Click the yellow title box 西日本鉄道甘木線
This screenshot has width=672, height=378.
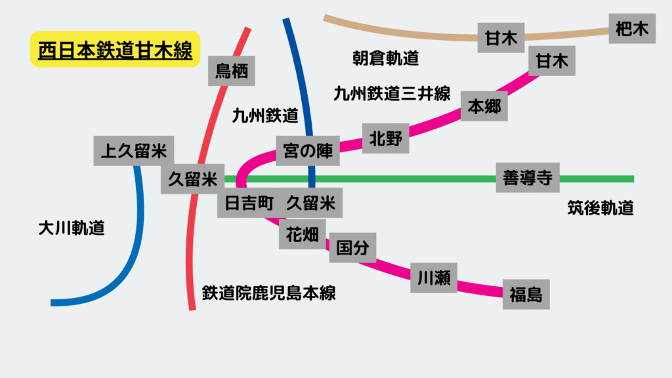(115, 49)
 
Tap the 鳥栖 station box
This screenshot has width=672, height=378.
(232, 71)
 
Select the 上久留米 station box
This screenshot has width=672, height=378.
(134, 151)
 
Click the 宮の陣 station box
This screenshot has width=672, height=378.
(308, 151)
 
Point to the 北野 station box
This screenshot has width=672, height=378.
(386, 138)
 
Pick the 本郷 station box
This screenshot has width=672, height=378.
(484, 106)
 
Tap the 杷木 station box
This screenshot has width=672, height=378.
(632, 29)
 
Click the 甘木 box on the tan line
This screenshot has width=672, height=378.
(501, 37)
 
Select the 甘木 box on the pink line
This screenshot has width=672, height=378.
(552, 61)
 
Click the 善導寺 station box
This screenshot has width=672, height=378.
(528, 177)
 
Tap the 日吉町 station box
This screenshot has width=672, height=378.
(249, 203)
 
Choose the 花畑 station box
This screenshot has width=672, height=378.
(302, 234)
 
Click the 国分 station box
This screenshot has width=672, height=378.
(352, 247)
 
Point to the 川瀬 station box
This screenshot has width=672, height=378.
(434, 278)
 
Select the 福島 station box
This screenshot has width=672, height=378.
(526, 295)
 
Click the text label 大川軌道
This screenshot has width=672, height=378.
(72, 228)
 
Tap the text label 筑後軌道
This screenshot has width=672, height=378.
(600, 208)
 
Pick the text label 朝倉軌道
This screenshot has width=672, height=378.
(385, 58)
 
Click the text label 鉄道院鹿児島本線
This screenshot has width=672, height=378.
(268, 293)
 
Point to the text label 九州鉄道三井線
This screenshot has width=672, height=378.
(392, 93)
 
